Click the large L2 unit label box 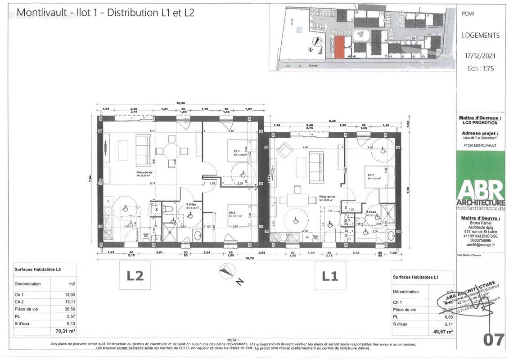[135, 275]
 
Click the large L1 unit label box [330, 275]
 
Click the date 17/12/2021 [480, 56]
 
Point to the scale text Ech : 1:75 [480, 69]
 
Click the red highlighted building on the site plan [341, 47]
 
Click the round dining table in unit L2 [171, 151]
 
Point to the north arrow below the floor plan [227, 271]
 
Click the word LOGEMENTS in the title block [480, 35]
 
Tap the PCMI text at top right [468, 14]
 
